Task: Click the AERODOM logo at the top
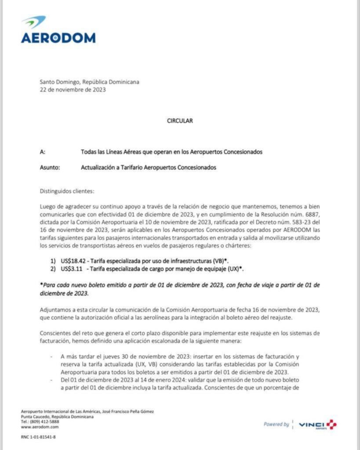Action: point(58,30)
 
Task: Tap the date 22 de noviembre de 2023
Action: point(73,90)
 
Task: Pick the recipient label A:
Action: point(43,152)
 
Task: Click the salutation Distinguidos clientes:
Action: point(67,191)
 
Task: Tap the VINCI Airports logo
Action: point(317,425)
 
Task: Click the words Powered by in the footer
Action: point(276,425)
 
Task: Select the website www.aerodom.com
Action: point(40,427)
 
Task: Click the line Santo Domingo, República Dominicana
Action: point(90,82)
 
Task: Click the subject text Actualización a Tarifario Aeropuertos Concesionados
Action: point(149,167)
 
